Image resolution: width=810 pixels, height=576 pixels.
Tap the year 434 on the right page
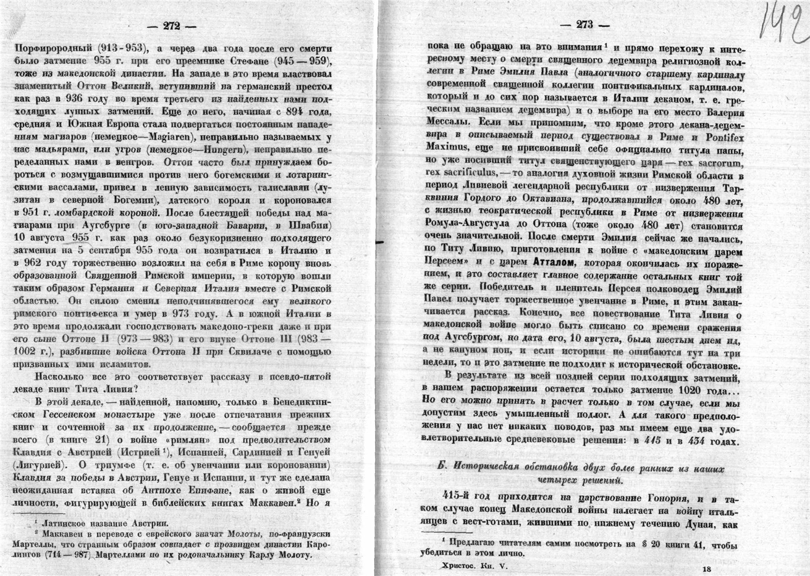702,441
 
